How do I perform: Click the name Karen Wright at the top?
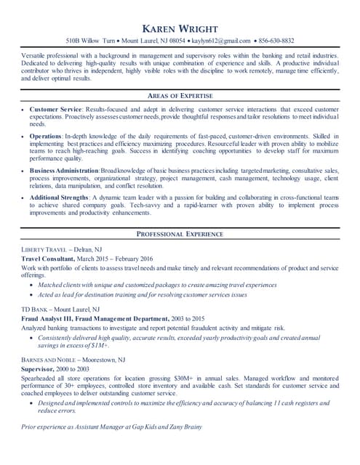point(180,28)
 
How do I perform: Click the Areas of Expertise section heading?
point(180,95)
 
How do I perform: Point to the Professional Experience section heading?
point(180,233)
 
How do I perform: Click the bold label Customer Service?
point(56,108)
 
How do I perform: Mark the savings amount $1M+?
point(98,345)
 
